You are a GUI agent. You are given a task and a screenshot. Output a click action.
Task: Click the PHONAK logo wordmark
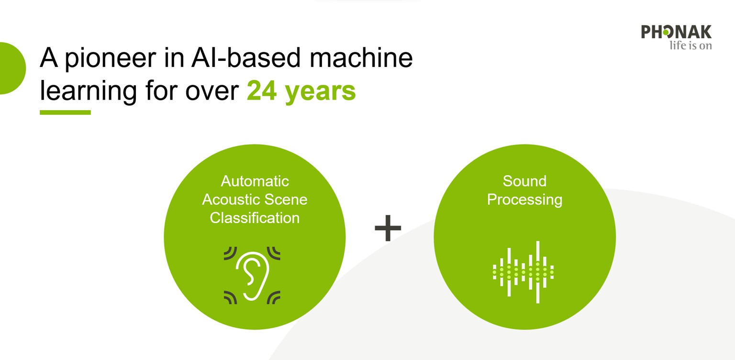pos(676,32)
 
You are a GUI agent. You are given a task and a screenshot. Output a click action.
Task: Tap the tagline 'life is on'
pos(690,45)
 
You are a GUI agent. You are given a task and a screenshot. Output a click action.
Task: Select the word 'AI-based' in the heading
pos(246,57)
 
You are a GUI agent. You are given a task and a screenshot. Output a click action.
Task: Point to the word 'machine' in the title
pos(361,57)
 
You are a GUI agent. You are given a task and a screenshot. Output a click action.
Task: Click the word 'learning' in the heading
pos(88,91)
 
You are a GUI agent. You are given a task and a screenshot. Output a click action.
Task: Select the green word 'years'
pos(321,93)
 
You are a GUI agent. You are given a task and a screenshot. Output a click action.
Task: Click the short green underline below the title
pos(65,112)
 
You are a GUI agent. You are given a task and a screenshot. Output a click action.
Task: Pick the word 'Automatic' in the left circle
pos(255,181)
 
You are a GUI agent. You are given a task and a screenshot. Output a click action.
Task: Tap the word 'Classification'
pos(255,218)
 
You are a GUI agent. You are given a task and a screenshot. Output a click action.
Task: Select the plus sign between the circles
pos(388,228)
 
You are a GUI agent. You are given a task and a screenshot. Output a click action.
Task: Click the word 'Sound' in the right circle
pos(524,181)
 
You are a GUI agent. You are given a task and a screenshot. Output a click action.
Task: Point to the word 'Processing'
pos(524,200)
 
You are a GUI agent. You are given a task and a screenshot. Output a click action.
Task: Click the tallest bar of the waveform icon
pos(538,272)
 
